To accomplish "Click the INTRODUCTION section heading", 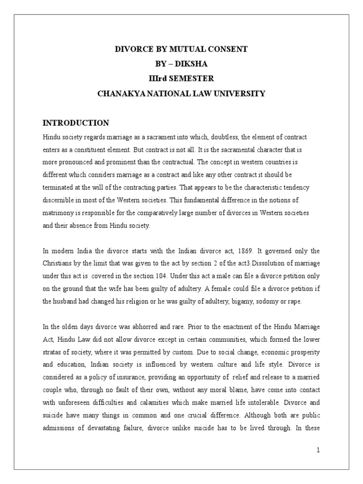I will (76, 123).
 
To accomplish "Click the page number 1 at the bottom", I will (319, 450).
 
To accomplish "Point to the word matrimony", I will (58, 213).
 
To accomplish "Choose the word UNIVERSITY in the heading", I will (240, 94).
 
